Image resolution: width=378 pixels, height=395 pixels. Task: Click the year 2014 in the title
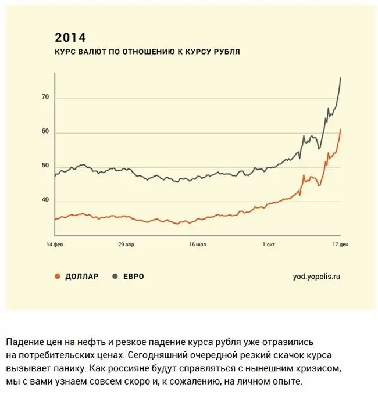click(70, 38)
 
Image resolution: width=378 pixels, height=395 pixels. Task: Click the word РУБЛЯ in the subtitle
click(226, 52)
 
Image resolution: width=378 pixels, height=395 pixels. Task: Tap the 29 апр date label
click(126, 245)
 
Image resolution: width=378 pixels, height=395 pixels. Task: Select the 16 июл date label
click(198, 245)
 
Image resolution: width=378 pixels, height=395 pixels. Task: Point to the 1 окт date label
click(268, 245)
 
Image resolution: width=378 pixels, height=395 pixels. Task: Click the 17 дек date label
click(340, 245)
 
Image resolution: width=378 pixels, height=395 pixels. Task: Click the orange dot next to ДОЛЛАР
click(57, 276)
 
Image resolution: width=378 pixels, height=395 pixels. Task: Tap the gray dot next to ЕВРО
click(114, 276)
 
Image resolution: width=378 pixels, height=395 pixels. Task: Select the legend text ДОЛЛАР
click(82, 276)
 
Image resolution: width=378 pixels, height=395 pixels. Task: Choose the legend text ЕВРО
click(133, 276)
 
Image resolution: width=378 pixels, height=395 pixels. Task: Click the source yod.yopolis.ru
click(316, 276)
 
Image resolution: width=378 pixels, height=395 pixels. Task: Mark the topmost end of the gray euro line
click(340, 78)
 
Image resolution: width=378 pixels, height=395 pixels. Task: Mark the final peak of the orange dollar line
click(340, 130)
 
